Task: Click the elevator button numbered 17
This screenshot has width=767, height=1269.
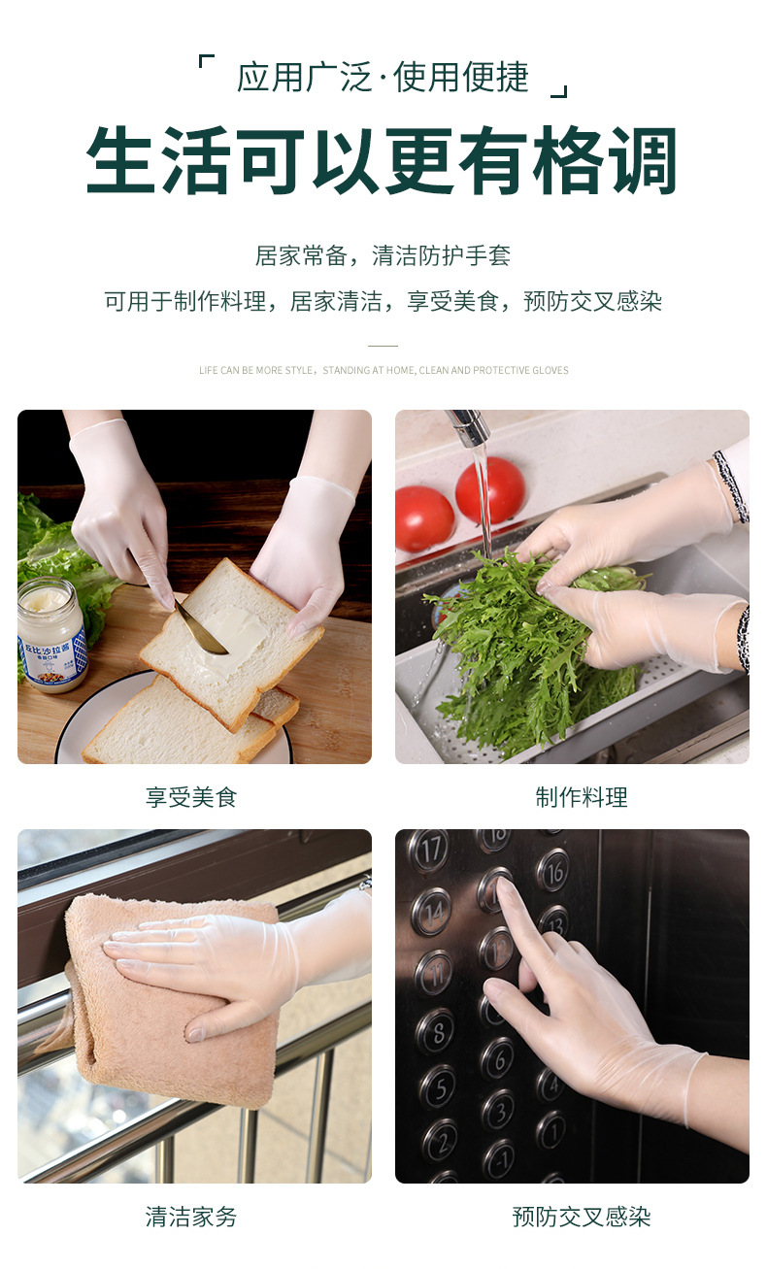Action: pos(428,851)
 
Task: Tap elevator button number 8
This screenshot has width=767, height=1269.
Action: pos(434,1030)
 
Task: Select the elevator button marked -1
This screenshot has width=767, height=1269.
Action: pos(499,1157)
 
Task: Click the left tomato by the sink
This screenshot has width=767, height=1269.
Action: pos(424,518)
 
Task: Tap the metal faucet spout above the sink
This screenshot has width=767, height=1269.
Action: pos(469,425)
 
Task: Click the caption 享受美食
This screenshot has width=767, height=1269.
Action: pos(191,797)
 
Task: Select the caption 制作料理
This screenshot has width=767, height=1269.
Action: pos(582,797)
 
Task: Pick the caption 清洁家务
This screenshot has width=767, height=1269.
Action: pos(191,1217)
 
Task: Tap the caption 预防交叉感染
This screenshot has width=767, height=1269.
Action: pos(582,1217)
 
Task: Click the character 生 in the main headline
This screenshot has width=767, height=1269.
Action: pos(121,161)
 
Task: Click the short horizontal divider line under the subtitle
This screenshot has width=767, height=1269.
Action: pos(383,345)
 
